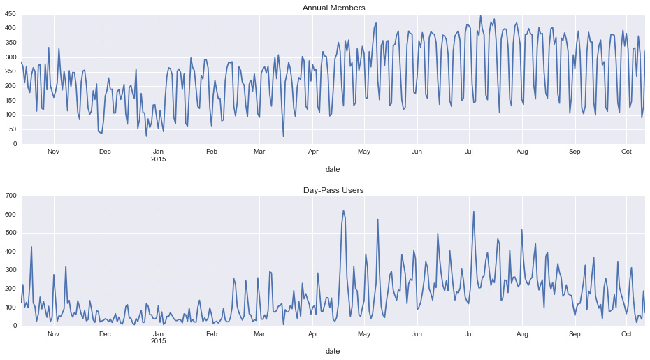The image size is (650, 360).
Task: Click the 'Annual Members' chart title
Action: pos(333,8)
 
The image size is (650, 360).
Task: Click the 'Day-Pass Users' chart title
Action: pos(333,190)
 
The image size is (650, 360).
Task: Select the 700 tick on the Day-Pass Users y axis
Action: pos(10,196)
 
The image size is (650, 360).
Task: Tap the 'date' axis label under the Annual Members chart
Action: pos(333,169)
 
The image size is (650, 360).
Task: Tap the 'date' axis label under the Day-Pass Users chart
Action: pos(333,351)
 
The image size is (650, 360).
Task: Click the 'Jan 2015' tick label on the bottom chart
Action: pos(159,337)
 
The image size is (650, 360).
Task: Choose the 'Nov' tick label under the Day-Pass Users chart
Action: pos(53,333)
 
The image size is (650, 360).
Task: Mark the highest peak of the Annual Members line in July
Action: pos(480,16)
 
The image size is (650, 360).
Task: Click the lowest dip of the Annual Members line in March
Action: pos(284,136)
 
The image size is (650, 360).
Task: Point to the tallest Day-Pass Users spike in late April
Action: pos(343,210)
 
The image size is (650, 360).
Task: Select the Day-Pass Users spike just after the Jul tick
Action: pos(474,212)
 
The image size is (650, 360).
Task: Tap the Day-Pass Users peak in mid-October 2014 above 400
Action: pos(31,247)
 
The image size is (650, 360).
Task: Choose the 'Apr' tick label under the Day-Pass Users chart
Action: pos(312,333)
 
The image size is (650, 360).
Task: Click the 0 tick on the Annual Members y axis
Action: pos(15,144)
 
